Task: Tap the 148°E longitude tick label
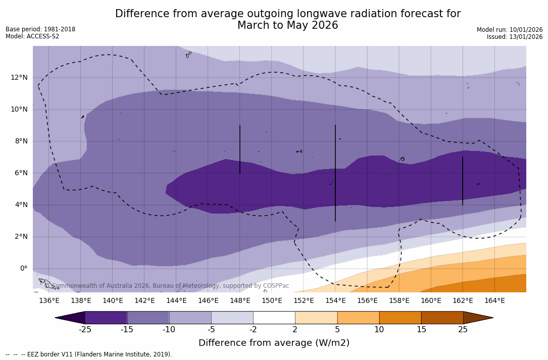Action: (240, 301)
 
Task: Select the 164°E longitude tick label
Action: (494, 301)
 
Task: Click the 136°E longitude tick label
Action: (49, 301)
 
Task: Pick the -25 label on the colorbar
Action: (85, 330)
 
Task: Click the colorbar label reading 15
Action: (421, 330)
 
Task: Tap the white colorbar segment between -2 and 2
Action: (274, 318)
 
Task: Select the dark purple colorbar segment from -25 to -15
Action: (106, 318)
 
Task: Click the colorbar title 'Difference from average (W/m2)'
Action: (274, 343)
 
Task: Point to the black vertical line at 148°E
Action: (240, 149)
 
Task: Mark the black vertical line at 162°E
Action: (463, 181)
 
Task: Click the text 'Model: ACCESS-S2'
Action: (32, 36)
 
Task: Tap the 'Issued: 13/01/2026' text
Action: (515, 37)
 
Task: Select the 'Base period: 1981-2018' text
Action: (40, 29)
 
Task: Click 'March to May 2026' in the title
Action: (287, 26)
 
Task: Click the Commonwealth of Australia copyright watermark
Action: (167, 286)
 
